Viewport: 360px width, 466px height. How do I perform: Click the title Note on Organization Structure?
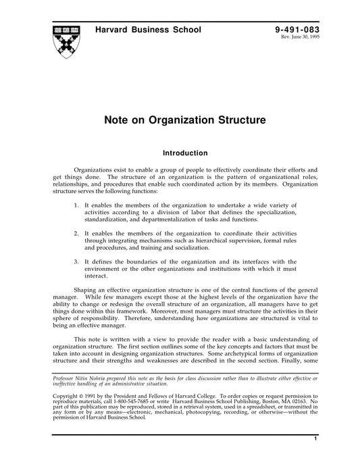pos(180,122)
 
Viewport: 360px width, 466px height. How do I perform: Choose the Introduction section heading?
pos(180,153)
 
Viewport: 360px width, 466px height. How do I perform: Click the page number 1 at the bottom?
pos(315,459)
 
